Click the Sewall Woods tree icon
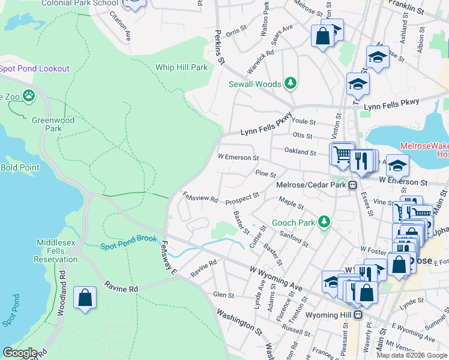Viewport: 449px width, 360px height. pos(291,83)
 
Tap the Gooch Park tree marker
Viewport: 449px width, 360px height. pos(324,223)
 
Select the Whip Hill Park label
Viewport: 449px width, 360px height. pos(181,67)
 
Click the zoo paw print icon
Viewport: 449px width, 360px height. pos(28,96)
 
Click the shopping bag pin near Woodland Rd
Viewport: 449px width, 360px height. pos(85,298)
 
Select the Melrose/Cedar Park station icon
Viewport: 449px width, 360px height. pos(353,185)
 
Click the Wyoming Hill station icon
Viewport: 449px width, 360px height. pos(358,314)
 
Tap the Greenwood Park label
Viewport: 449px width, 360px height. pos(53,124)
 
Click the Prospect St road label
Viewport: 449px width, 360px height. pos(242,198)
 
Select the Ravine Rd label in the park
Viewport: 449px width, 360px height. pos(121,288)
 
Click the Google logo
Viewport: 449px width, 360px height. pos(19,353)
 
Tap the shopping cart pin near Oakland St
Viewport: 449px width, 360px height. pos(342,155)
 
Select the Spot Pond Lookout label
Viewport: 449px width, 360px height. pos(35,68)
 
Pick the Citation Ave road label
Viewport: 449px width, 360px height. pos(119,26)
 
